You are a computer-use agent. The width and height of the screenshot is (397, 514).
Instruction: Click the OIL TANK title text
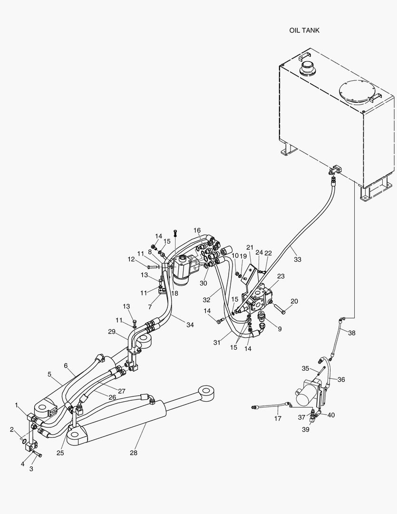(304, 30)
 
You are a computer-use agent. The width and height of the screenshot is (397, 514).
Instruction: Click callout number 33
(297, 259)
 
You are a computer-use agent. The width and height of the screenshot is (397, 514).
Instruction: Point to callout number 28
(134, 453)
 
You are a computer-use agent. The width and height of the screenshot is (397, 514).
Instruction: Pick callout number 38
(351, 333)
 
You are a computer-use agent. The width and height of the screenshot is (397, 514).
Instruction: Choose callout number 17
(278, 419)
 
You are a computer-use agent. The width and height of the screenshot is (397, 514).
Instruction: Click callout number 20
(294, 301)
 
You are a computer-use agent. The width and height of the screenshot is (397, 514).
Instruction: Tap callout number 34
(190, 325)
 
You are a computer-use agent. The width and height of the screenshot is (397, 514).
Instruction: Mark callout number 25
(60, 453)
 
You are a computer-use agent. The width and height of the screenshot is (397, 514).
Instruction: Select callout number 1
(17, 405)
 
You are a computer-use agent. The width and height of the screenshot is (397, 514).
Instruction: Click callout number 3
(31, 469)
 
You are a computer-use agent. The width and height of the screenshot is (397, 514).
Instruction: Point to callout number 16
(197, 230)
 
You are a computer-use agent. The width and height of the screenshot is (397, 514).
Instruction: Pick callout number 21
(250, 247)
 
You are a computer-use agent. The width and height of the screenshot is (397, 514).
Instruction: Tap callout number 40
(331, 415)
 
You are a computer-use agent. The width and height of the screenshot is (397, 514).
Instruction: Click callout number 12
(131, 259)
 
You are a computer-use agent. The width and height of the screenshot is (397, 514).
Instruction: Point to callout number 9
(279, 328)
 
